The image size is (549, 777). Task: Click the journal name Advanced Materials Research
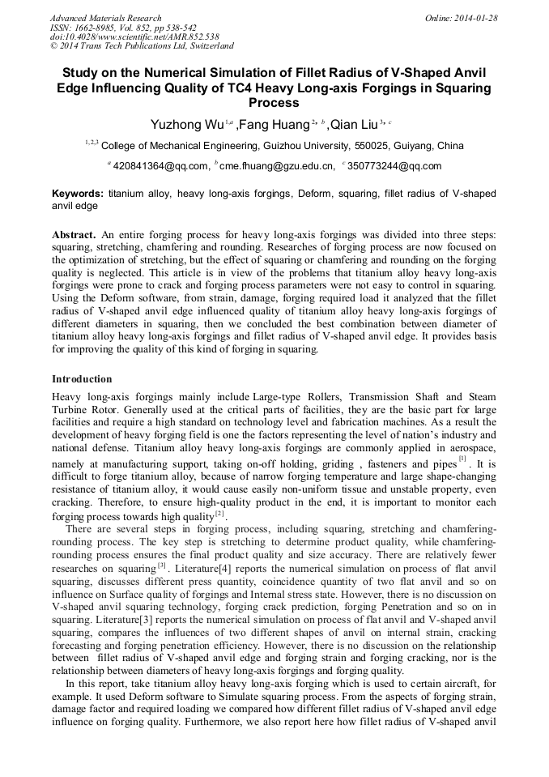[x=105, y=18]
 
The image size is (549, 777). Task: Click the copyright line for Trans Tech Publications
[x=142, y=46]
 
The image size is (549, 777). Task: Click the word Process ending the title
[x=274, y=103]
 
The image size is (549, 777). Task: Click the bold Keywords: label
[x=77, y=194]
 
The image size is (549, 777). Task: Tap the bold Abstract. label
[x=74, y=235]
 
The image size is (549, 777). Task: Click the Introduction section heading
[x=82, y=379]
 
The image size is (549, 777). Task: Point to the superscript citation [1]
[x=462, y=459]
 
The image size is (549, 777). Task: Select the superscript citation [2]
[x=219, y=514]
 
